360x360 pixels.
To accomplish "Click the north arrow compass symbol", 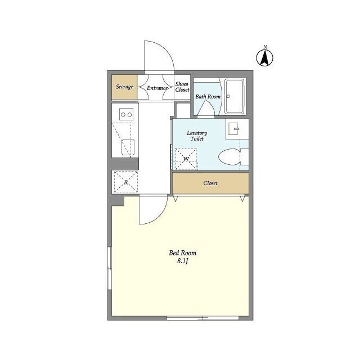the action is pos(265,57).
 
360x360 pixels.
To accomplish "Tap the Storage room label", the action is pos(124,87).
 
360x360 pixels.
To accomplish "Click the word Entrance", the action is pos(157,88).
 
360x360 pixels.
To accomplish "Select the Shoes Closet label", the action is pos(182,87).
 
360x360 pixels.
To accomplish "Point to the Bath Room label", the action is pos(208,97).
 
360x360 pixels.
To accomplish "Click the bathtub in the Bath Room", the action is pos(234,96).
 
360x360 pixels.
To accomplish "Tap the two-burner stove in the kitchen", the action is pos(126,114).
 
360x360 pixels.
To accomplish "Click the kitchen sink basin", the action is pos(128,147).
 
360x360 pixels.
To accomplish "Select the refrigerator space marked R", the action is pos(126,182).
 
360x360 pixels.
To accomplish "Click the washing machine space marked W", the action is pos(186,159).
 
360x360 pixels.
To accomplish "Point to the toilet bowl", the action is pos(229,157).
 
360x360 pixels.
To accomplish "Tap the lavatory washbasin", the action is pos(234,129).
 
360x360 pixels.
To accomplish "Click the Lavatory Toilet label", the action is pos(197,136).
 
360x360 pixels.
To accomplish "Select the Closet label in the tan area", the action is pos(210,183).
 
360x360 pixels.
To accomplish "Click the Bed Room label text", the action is pos(182,253).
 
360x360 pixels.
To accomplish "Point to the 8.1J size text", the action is pos(182,261).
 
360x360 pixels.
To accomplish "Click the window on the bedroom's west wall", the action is pos(110,268).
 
